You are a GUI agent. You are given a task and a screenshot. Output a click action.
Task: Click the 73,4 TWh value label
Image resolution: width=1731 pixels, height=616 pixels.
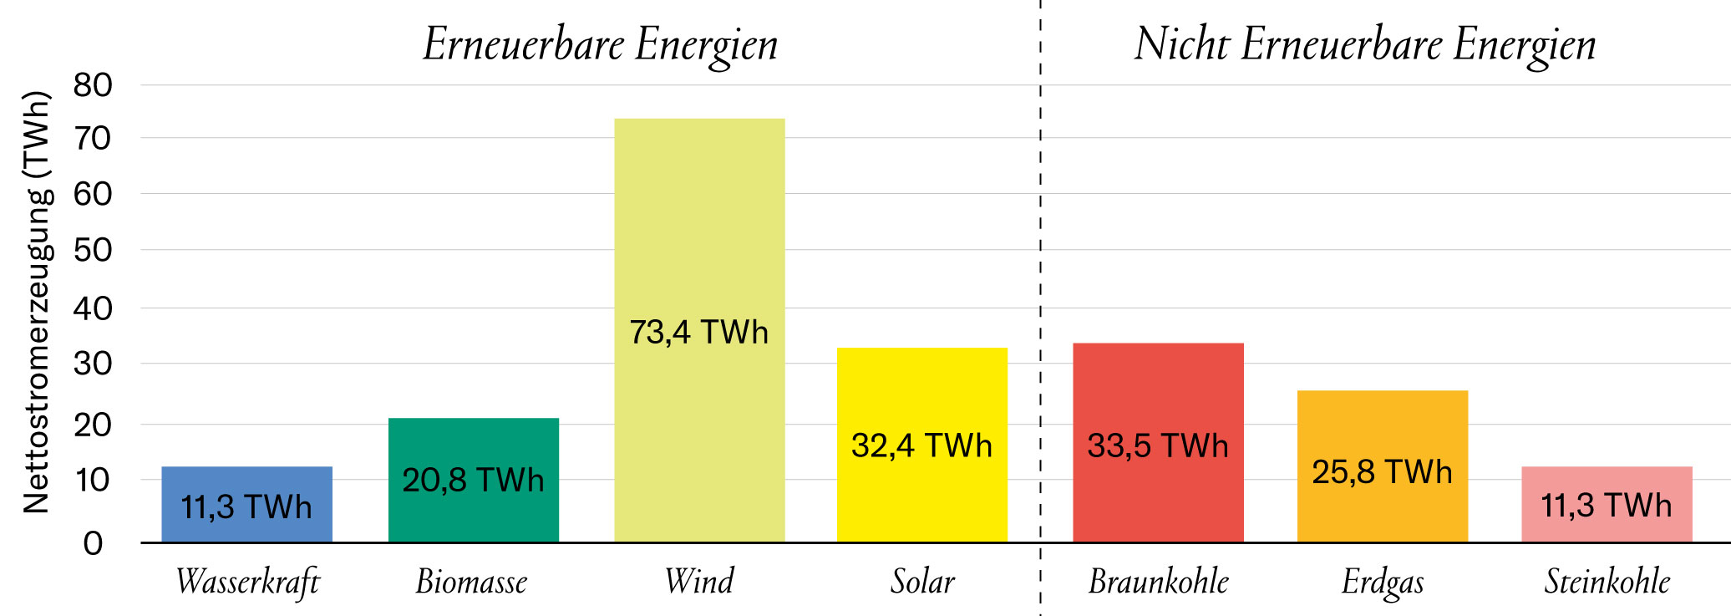tap(698, 333)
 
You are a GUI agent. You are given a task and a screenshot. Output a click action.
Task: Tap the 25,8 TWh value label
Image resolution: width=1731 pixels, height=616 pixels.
tap(1382, 472)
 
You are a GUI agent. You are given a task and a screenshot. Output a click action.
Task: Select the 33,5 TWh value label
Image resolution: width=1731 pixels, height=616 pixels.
tap(1158, 446)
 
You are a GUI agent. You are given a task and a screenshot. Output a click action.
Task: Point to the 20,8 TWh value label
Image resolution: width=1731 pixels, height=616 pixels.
tap(473, 481)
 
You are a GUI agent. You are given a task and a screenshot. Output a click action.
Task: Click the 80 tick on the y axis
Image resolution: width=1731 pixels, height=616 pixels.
tap(92, 85)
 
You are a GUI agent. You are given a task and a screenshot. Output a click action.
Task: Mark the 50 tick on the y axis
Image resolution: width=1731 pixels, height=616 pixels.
tap(92, 250)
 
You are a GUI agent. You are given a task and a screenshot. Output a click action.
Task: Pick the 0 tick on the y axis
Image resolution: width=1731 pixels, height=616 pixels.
tap(93, 544)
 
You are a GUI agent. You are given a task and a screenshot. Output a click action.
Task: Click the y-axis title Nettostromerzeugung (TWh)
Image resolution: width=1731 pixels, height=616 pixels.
tap(37, 301)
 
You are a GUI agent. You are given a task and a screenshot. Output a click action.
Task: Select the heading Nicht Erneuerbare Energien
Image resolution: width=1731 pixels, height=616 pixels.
tap(1364, 44)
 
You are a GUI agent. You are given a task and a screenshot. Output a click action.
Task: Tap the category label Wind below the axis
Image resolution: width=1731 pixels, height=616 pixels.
tap(699, 582)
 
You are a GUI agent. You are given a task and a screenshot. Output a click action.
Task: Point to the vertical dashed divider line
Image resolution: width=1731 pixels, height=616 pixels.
tap(1040, 251)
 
